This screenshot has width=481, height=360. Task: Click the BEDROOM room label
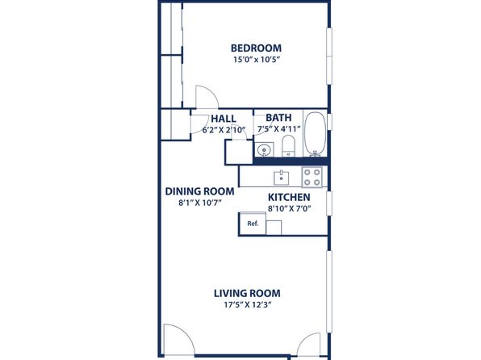point(256,48)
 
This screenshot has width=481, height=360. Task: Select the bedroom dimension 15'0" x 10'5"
point(257,60)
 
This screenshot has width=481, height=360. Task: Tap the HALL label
point(224,119)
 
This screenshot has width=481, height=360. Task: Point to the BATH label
point(278,118)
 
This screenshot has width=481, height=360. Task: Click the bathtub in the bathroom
point(315,134)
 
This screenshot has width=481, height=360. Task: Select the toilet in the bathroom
point(288,146)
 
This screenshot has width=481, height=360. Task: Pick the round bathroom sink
point(263,150)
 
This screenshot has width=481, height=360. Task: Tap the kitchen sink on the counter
point(282,178)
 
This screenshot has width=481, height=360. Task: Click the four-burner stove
point(312,177)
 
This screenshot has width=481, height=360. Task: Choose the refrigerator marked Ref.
point(253,224)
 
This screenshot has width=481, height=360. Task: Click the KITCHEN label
point(289,197)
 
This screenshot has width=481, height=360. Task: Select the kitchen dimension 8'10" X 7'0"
point(290,209)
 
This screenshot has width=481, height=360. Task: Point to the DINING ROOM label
point(199,191)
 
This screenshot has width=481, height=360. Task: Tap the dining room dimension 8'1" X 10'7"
point(200,203)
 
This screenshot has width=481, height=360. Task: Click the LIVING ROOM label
point(247,293)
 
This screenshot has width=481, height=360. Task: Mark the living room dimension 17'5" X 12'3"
point(249,305)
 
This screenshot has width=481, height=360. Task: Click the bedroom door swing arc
point(212,92)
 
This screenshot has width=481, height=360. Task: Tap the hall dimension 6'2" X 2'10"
point(224,130)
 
